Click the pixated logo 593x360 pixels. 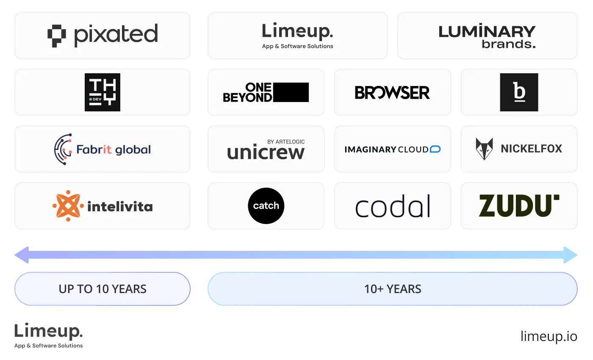[103, 36]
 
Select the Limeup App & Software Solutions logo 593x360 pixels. [297, 36]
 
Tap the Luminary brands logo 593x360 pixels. [487, 37]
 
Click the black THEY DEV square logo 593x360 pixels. [103, 92]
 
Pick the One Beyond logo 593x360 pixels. [266, 92]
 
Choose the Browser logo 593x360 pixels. [392, 92]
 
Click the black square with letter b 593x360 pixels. [519, 92]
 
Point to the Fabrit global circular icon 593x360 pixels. [63, 149]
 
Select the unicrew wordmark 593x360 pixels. [266, 152]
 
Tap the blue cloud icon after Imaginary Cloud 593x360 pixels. [435, 149]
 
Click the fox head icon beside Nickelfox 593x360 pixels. [484, 149]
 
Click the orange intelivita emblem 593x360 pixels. [68, 206]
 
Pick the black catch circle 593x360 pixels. [266, 206]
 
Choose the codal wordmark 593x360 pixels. [393, 206]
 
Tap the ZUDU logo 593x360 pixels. [519, 206]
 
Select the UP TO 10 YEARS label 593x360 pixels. [103, 289]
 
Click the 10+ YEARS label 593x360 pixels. [393, 289]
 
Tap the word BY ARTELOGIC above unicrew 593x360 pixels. [286, 141]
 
